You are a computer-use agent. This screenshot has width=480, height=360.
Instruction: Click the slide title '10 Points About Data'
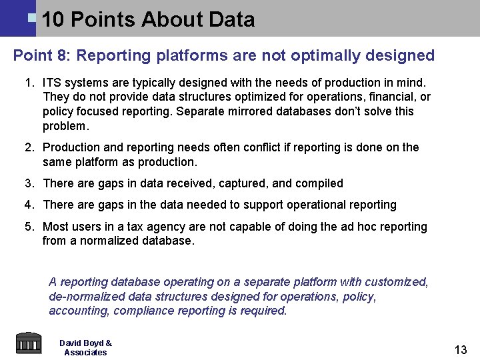pyautogui.click(x=148, y=19)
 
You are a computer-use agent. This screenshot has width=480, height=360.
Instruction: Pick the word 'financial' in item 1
pyautogui.click(x=389, y=97)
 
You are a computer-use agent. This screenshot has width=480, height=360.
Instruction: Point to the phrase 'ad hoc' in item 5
pyautogui.click(x=340, y=227)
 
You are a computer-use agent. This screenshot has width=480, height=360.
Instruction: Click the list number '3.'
pyautogui.click(x=29, y=183)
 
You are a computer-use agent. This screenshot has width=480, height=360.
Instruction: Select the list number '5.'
pyautogui.click(x=29, y=227)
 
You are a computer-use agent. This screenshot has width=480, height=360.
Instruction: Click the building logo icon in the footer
pyautogui.click(x=28, y=343)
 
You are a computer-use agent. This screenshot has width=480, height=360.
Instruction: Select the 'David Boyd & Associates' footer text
pyautogui.click(x=85, y=347)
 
